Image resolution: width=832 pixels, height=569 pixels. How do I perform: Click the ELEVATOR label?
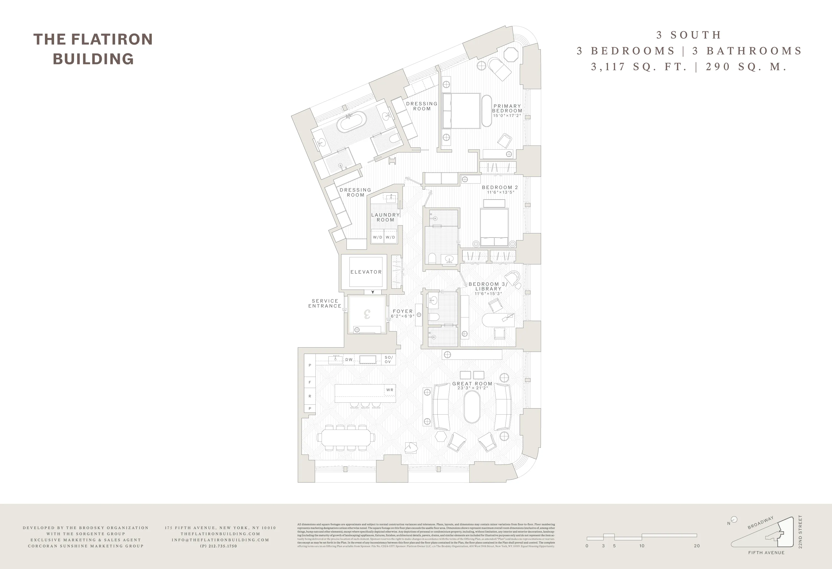coord(366,272)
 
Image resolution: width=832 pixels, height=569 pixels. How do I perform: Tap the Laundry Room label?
coord(385,217)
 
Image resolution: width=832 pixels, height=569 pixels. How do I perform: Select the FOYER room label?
coord(402,311)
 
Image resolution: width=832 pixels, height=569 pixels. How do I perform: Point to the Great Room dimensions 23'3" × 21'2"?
coord(473,388)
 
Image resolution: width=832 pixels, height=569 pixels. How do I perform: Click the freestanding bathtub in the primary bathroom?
coord(353,122)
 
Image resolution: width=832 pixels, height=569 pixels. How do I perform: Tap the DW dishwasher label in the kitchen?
coord(349,360)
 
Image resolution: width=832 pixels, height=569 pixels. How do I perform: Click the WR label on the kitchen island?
coord(389,390)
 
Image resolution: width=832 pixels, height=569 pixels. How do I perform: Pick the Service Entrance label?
coord(325,303)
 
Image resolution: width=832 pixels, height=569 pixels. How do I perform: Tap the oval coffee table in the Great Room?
coord(472,407)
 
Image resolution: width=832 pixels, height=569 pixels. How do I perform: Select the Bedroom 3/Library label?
coord(488,286)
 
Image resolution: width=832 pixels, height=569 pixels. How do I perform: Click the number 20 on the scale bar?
coord(696,546)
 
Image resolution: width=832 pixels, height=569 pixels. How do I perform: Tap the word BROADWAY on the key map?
coord(760,523)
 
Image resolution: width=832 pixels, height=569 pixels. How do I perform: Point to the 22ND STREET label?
coord(800,532)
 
